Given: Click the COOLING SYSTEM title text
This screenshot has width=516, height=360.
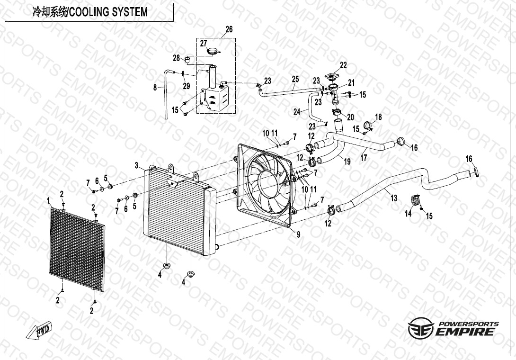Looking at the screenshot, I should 89,12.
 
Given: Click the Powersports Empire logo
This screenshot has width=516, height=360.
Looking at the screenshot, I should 453,328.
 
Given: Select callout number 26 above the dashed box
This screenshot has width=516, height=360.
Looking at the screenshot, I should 229,29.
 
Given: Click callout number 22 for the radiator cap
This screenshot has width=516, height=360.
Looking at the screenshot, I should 343,65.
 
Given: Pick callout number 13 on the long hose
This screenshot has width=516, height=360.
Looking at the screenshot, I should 394,198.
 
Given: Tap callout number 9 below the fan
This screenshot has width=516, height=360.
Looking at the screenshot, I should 298,234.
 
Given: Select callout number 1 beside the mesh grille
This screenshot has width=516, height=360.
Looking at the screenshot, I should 48,201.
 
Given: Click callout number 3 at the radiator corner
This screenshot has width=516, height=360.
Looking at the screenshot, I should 136,165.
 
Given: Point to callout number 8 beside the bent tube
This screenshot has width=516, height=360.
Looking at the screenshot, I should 155,87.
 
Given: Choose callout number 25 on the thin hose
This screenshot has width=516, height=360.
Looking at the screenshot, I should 295,79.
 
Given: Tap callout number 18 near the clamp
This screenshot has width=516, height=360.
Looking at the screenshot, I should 378,117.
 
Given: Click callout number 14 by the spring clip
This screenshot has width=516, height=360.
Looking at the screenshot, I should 409,214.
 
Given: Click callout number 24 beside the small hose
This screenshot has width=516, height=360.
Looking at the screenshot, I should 297,112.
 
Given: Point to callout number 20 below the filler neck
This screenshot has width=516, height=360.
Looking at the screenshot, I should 351,117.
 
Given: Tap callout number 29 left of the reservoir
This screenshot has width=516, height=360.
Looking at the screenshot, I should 187,86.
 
